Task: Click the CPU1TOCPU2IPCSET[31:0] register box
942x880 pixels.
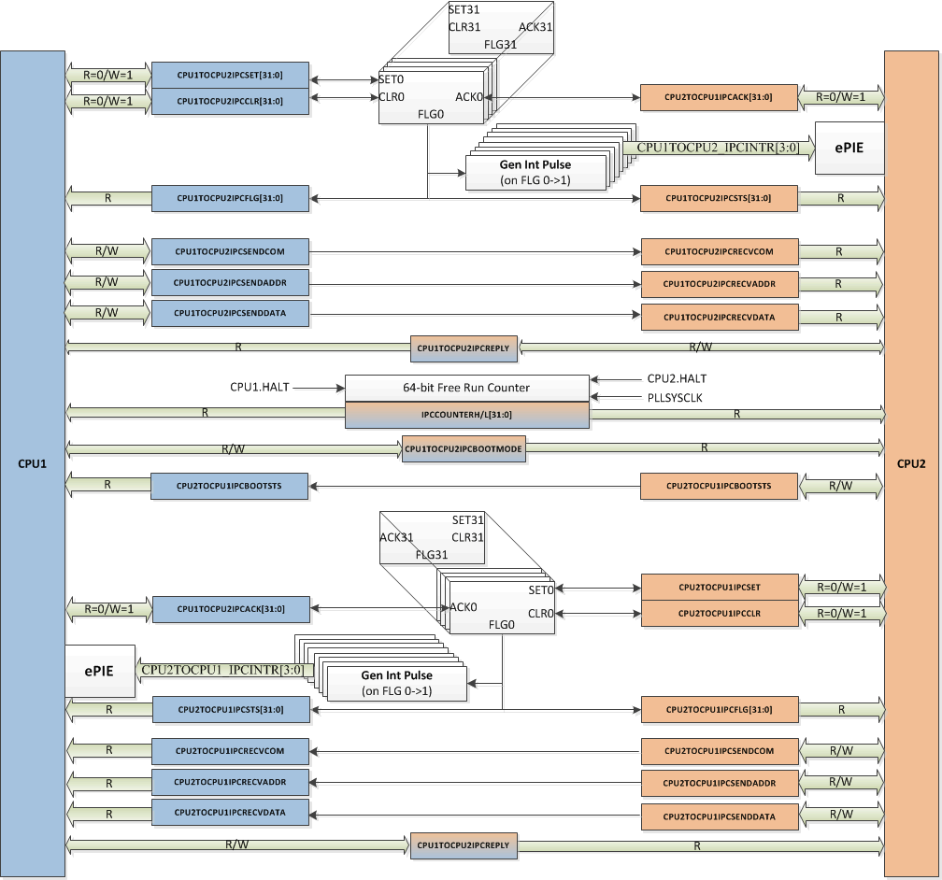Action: [x=230, y=75]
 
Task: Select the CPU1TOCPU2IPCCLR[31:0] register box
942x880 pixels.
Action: [x=230, y=101]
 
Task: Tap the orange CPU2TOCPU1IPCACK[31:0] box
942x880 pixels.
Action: [x=719, y=97]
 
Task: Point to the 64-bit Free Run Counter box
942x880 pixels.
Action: [x=466, y=387]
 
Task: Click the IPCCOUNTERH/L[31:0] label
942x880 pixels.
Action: [x=466, y=415]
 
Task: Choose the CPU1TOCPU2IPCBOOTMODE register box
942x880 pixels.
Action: [x=464, y=448]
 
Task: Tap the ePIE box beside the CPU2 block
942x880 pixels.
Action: [x=849, y=148]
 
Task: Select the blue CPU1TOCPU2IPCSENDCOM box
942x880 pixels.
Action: [x=230, y=251]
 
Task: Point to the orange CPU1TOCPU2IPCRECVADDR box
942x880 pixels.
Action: [x=719, y=283]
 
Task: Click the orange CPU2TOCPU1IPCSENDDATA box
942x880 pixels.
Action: [x=720, y=816]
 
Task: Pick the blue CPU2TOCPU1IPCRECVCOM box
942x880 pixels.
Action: [x=230, y=749]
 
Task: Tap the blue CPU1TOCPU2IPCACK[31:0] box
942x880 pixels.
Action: [x=230, y=609]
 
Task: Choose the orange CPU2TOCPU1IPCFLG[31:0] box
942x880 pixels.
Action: [x=720, y=710]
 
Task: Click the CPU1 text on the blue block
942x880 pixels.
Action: [x=32, y=463]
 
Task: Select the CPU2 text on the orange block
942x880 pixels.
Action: [x=911, y=463]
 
